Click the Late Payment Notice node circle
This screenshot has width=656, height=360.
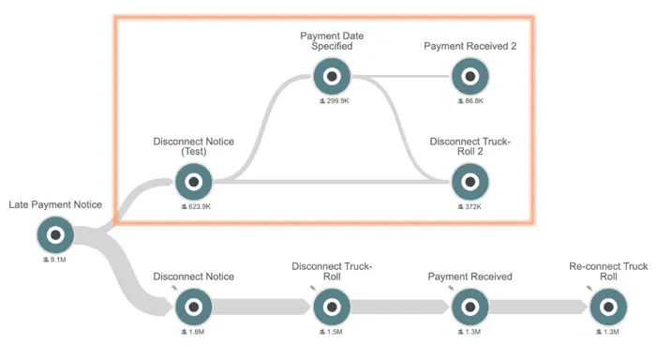[x=55, y=234]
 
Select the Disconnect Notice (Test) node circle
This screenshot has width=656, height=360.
[x=194, y=182]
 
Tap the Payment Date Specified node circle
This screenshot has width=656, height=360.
[x=332, y=77]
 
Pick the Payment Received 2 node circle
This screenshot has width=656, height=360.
[x=470, y=77]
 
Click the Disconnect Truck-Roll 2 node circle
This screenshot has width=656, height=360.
[x=470, y=182]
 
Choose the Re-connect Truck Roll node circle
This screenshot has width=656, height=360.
[x=608, y=307]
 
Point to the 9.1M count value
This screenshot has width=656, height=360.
[x=58, y=260]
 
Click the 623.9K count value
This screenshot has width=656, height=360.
[x=200, y=206]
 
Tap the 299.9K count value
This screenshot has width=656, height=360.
[x=337, y=101]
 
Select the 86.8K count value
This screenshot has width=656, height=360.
[x=474, y=101]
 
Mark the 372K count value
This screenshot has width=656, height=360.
[x=473, y=206]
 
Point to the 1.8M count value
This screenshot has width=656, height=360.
[x=196, y=332]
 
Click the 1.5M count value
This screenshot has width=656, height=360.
[x=335, y=332]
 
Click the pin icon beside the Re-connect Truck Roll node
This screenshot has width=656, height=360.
[x=589, y=288]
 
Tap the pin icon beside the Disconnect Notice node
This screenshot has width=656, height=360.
[x=174, y=288]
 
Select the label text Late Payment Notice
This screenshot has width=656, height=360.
[x=55, y=204]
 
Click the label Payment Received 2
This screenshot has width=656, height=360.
[x=470, y=46]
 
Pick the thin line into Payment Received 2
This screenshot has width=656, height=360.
[x=402, y=77]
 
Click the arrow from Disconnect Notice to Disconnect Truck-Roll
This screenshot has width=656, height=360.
[x=261, y=307]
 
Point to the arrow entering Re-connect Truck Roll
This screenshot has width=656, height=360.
[x=539, y=307]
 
